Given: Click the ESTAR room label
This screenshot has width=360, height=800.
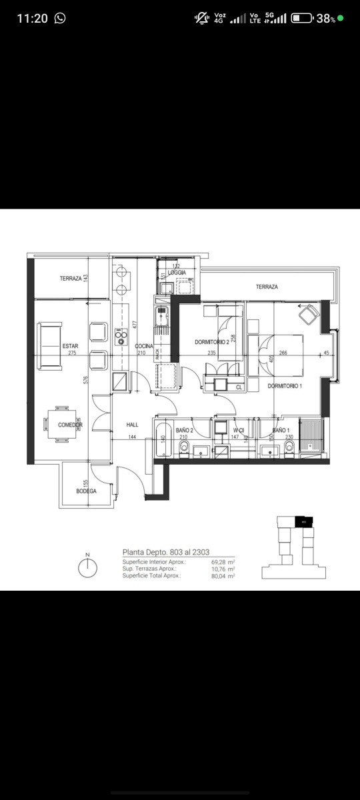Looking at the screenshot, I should [x=70, y=346].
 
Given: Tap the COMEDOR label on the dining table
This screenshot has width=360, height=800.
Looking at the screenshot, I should [x=70, y=425].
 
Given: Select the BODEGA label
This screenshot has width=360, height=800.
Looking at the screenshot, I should [x=86, y=491].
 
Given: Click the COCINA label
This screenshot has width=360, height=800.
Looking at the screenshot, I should [x=145, y=346].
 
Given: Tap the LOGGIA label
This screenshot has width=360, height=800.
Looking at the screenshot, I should [x=177, y=273].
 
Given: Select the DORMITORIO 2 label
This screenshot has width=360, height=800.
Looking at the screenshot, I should [x=212, y=342].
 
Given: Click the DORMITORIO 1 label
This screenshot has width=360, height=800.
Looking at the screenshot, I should [x=285, y=386].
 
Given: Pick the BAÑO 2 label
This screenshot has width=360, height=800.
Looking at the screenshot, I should [x=184, y=431].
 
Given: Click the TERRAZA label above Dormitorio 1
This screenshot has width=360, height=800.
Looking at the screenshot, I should [x=267, y=287].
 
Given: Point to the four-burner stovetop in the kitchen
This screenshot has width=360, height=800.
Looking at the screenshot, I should [x=121, y=338].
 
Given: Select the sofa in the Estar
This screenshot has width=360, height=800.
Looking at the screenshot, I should [x=49, y=345].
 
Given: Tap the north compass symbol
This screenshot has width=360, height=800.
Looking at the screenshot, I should [x=87, y=567].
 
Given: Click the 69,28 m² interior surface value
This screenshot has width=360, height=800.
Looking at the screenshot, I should [x=222, y=562].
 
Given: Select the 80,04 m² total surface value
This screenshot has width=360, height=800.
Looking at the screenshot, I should [x=222, y=575].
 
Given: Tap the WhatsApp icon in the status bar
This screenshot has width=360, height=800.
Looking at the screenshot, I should [x=61, y=18].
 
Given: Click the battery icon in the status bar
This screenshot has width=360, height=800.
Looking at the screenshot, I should [x=302, y=18].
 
